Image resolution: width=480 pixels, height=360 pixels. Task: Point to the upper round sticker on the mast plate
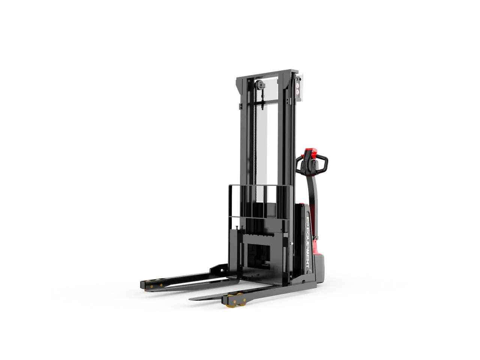click(298, 85)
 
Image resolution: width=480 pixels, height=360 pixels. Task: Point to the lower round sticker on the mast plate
click(298, 92)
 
